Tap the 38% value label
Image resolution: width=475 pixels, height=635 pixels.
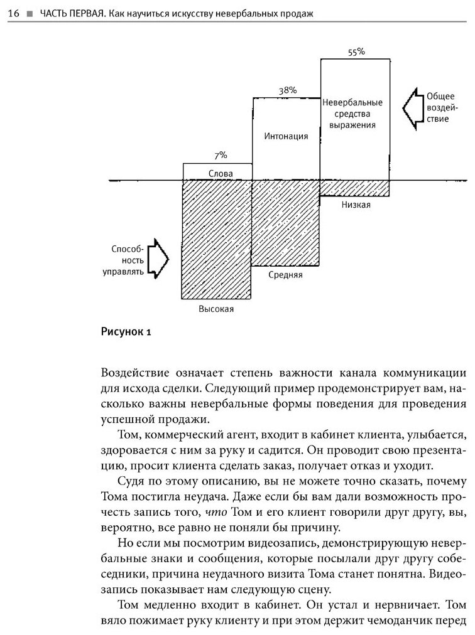click(x=287, y=90)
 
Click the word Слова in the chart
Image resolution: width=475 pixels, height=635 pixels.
click(x=220, y=173)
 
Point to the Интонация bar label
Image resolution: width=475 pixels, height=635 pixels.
click(x=287, y=136)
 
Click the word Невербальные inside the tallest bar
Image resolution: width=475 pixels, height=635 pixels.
click(x=352, y=102)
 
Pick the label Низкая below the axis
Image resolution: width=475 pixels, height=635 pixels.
click(x=356, y=205)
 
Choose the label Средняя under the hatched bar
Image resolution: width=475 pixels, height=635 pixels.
click(x=287, y=275)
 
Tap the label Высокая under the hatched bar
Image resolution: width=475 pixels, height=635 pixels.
click(x=216, y=309)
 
